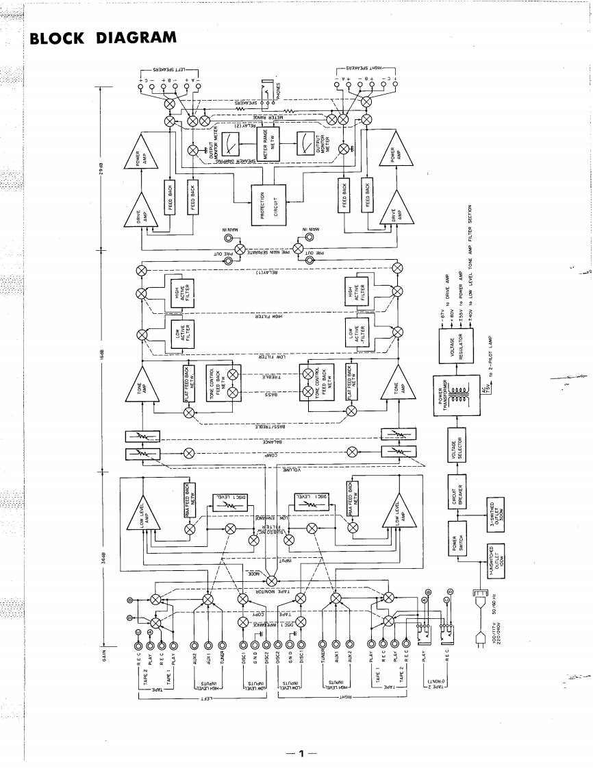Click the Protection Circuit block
[267, 204]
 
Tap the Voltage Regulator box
[447, 345]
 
